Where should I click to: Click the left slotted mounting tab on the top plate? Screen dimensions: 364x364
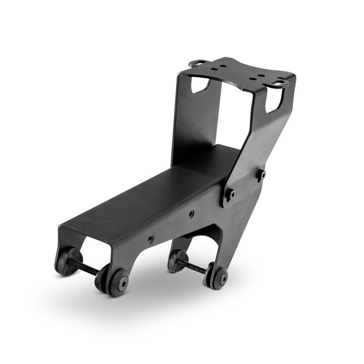(198, 62)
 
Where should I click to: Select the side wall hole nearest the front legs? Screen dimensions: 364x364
(151, 238)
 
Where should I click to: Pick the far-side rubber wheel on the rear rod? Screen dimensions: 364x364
(175, 259)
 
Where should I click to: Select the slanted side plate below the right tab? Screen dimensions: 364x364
(261, 139)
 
